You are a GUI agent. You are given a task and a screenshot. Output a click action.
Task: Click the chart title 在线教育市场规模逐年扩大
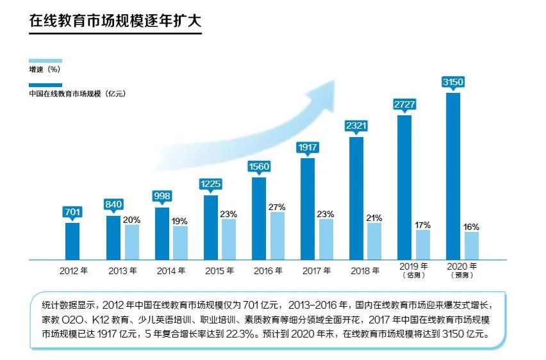pos(115,21)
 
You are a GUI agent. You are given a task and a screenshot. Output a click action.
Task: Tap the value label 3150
pos(453,81)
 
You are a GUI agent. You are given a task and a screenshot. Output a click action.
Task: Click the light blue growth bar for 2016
pos(277,236)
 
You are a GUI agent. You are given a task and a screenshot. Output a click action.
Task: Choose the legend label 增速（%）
pos(49,69)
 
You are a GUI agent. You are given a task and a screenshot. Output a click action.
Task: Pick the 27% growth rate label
pos(277,207)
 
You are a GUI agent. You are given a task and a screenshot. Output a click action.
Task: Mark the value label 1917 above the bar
pos(308,147)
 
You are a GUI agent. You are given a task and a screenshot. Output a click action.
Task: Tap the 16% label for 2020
pos(471,227)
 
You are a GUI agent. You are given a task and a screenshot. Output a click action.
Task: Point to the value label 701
pos(72,211)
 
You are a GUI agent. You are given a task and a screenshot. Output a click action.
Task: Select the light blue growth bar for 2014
pos(180,243)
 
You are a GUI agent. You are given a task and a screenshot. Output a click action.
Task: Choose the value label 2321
pos(356,126)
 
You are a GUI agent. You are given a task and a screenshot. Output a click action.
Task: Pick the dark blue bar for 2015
pos(211,227)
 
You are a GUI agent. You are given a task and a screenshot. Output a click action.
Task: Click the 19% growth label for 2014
pos(180,221)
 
